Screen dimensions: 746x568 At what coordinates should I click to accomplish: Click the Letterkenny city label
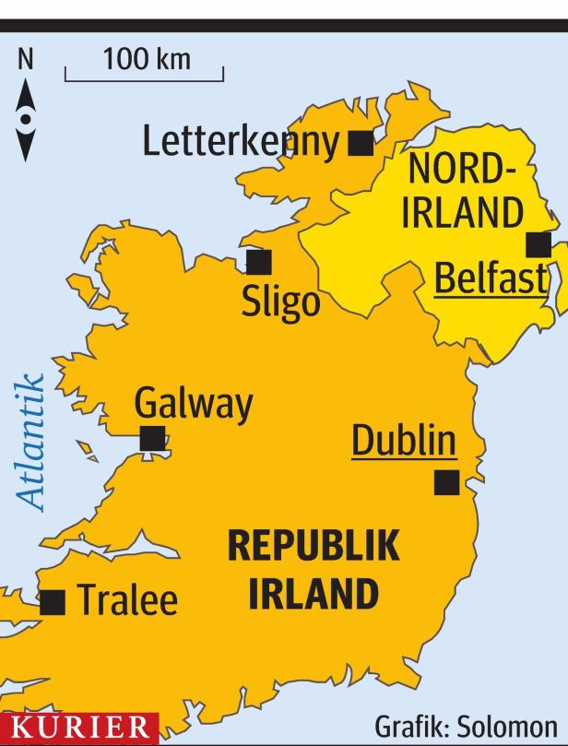click(x=243, y=143)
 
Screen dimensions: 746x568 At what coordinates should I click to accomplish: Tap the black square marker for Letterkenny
click(x=361, y=143)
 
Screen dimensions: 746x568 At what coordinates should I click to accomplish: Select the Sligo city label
click(x=280, y=302)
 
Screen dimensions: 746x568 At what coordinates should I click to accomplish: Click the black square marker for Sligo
click(x=259, y=263)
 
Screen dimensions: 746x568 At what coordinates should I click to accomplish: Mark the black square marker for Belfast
click(x=538, y=245)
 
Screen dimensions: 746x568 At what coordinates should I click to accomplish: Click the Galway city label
click(x=193, y=405)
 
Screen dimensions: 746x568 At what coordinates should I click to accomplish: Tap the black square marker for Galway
click(x=152, y=438)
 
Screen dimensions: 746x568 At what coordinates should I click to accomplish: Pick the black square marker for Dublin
click(x=447, y=481)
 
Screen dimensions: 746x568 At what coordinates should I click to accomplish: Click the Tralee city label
click(x=126, y=601)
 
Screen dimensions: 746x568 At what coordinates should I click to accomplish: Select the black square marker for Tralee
click(x=53, y=601)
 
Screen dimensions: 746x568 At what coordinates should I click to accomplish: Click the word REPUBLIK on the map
click(x=314, y=547)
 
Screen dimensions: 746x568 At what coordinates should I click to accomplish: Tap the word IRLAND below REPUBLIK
click(x=314, y=594)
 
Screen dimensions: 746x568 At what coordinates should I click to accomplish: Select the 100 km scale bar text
click(x=148, y=60)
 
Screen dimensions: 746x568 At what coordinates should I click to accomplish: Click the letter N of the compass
click(x=26, y=60)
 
